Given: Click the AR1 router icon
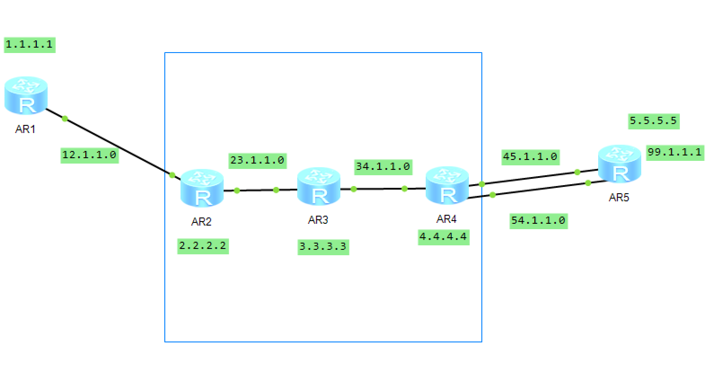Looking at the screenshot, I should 26,95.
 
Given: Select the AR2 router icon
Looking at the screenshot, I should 202,188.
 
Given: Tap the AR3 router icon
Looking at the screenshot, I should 319,186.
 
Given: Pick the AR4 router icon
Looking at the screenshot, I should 447,186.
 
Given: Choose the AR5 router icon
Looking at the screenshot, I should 620,164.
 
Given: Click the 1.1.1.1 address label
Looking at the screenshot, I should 30,44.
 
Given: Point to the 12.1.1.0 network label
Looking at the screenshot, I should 89,155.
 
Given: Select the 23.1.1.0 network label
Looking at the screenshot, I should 257,160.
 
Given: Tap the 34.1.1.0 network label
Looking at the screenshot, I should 383,167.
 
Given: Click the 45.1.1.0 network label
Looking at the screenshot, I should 530,156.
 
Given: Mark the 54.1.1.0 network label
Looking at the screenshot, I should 538,221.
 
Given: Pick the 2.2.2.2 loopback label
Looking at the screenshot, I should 203,246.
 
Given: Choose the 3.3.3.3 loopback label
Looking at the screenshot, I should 323,247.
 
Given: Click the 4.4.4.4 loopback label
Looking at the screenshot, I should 444,237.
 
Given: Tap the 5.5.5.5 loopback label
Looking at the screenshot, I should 653,121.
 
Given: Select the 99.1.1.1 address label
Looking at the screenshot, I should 674,152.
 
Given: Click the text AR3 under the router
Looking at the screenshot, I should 318,220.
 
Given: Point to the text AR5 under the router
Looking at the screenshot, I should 619,197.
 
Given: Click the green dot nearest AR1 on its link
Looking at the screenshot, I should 65,119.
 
